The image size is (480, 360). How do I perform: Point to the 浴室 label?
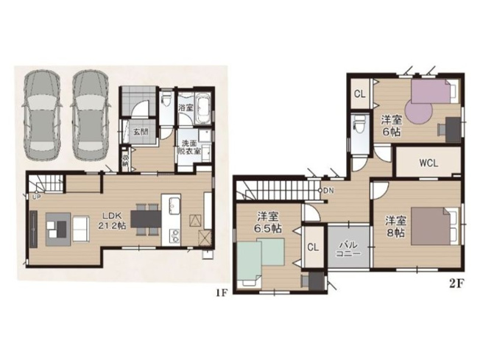pyautogui.click(x=186, y=107)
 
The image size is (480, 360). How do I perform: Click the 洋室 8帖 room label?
pyautogui.click(x=395, y=226)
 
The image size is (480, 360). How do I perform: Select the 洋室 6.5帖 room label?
pyautogui.click(x=267, y=223)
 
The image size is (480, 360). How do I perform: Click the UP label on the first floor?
pyautogui.click(x=35, y=197)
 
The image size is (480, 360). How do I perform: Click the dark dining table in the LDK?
pyautogui.click(x=145, y=219)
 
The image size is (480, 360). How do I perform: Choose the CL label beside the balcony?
pyautogui.click(x=312, y=247)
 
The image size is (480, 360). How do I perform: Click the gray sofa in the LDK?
pyautogui.click(x=58, y=227)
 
